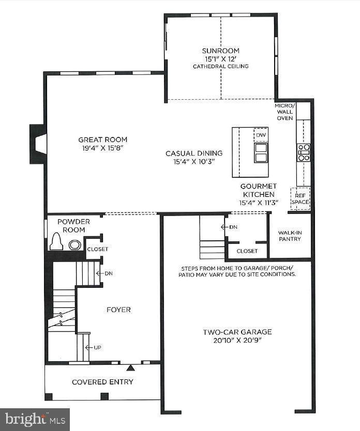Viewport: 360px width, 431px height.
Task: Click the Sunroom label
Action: tap(221, 51)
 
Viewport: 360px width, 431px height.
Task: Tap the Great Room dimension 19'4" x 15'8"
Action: tap(102, 148)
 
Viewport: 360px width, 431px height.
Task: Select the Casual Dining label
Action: tap(194, 153)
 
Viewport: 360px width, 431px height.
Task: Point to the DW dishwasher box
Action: tap(261, 135)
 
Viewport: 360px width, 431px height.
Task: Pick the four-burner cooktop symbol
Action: tap(303, 153)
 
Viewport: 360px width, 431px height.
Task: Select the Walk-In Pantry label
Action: tap(290, 236)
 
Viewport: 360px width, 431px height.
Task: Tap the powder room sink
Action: tap(74, 245)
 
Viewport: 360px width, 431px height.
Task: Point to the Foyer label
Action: tap(118, 310)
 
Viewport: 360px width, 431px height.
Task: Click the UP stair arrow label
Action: tap(96, 347)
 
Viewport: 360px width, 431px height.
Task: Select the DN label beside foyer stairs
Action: tap(108, 273)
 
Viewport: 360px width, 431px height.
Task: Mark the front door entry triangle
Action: tap(130, 368)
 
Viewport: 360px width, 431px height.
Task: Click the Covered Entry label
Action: tap(102, 382)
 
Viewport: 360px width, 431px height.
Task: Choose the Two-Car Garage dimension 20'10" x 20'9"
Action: tap(237, 341)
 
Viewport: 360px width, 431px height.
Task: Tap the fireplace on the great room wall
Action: tap(38, 147)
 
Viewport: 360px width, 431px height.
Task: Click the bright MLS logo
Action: tap(35, 419)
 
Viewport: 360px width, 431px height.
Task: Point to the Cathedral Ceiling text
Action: tap(221, 66)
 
